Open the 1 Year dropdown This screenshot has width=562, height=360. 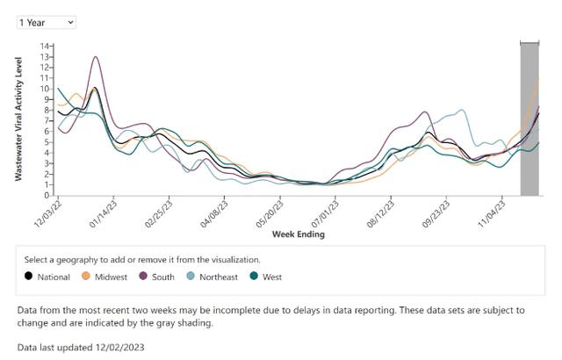[x=46, y=22]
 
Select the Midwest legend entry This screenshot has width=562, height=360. [x=104, y=277]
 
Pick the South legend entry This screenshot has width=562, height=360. [x=158, y=277]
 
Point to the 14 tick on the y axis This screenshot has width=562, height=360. [x=46, y=46]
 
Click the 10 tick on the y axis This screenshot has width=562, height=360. [x=46, y=89]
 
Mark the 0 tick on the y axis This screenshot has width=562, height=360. [x=47, y=195]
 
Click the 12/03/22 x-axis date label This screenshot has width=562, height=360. [x=49, y=212]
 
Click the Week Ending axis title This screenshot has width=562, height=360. [x=298, y=234]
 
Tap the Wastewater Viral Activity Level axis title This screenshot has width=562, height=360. [x=18, y=119]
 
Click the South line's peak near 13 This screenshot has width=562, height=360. [x=95, y=58]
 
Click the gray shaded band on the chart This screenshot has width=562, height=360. [x=530, y=119]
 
